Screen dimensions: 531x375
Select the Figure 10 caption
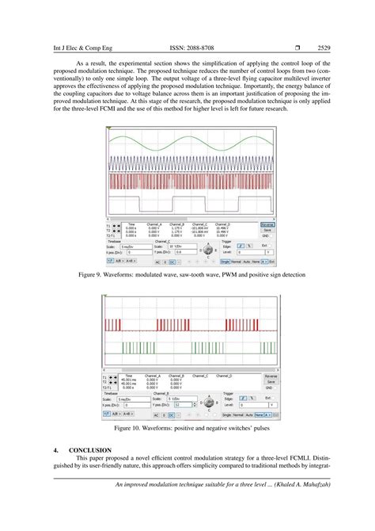[x=187, y=428]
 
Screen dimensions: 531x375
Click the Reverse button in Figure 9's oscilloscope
[x=267, y=224]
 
